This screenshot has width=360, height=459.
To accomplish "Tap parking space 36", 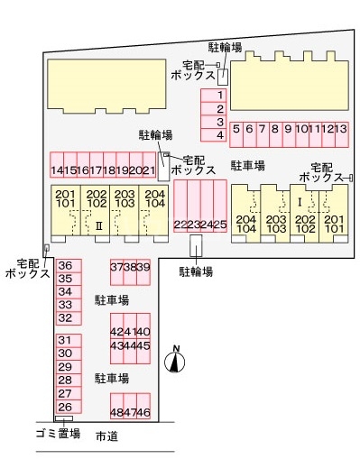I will [65, 265].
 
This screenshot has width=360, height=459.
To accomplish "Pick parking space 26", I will [65, 406].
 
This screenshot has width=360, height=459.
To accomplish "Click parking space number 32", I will [65, 317].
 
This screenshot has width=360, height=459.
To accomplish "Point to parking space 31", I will [65, 340].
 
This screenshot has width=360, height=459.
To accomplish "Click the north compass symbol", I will [177, 361].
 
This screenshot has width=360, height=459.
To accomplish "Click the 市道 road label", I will [106, 436].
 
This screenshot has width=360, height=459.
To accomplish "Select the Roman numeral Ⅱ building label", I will [99, 225].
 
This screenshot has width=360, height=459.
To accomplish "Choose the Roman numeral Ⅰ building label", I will [299, 202].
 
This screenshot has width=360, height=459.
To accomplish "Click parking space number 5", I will [236, 129].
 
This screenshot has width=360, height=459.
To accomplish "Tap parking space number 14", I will [58, 170].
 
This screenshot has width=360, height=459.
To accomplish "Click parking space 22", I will [180, 224].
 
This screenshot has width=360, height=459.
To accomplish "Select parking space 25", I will [220, 224].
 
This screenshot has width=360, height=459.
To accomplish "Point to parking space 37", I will [116, 267].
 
